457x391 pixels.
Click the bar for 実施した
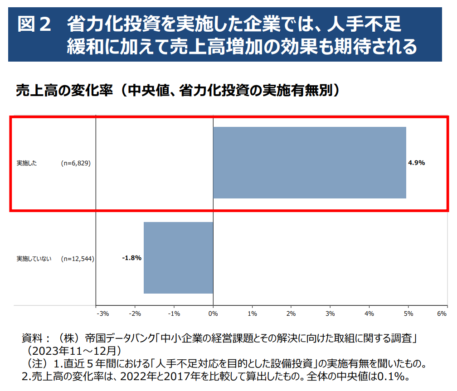click(x=310, y=163)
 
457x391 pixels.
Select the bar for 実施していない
click(x=178, y=258)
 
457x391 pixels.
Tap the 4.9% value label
click(x=416, y=163)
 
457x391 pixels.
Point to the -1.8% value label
click(x=132, y=258)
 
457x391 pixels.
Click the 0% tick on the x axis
click(x=213, y=313)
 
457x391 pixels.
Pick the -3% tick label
click(x=102, y=313)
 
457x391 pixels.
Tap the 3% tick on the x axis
click(x=330, y=313)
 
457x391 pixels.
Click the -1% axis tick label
click(x=174, y=313)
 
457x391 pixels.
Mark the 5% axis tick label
click(x=408, y=313)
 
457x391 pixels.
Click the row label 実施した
click(x=27, y=163)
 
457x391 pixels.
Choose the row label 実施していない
click(x=34, y=259)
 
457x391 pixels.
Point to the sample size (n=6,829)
click(x=76, y=163)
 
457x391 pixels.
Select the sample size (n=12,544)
click(x=78, y=259)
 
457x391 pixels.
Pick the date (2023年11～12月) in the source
click(x=73, y=351)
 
